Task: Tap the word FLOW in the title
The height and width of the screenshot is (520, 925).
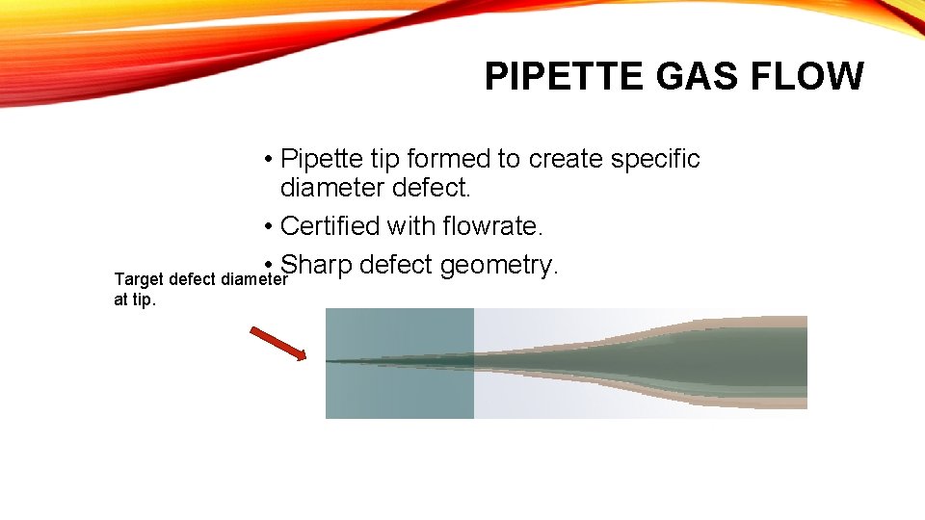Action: pyautogui.click(x=809, y=76)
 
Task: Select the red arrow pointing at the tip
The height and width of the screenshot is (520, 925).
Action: pyautogui.click(x=277, y=344)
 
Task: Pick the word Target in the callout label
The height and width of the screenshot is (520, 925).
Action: pyautogui.click(x=139, y=280)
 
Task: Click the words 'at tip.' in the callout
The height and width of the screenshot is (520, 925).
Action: pyautogui.click(x=135, y=299)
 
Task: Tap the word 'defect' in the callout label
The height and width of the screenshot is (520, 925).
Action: pyautogui.click(x=193, y=280)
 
